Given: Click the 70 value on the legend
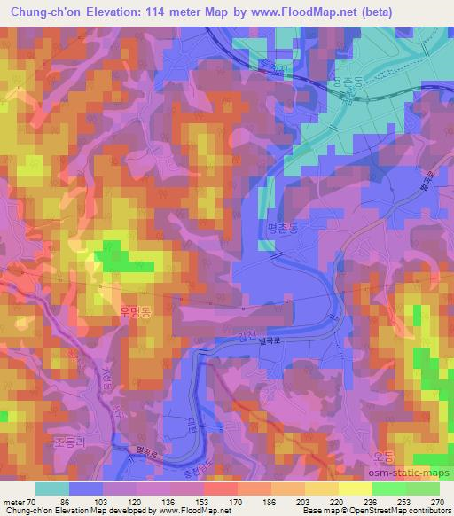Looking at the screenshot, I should pyautogui.click(x=33, y=502).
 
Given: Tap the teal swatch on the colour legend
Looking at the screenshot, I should pyautogui.click(x=52, y=489).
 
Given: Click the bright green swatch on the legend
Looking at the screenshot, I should pyautogui.click(x=388, y=489).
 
